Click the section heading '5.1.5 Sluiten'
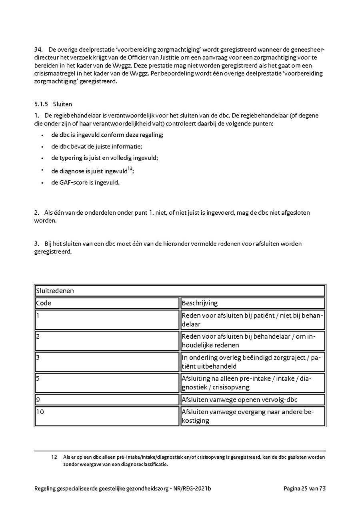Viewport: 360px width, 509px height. tap(53, 104)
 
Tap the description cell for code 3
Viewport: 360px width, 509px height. tap(252, 361)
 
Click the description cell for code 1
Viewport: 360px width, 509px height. tap(252, 319)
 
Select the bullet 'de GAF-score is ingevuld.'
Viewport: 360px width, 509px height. tap(85, 183)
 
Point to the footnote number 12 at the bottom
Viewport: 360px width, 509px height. tap(55, 457)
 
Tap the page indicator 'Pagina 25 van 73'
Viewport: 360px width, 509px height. tap(305, 488)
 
